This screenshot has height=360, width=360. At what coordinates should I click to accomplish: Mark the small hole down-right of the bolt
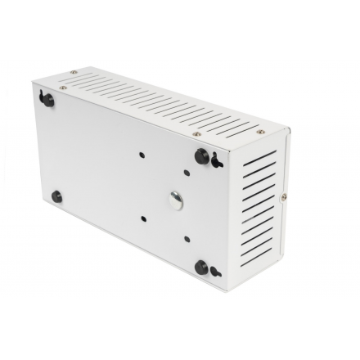[x=188, y=238]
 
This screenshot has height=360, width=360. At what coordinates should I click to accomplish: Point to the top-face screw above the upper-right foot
[x=196, y=128]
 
